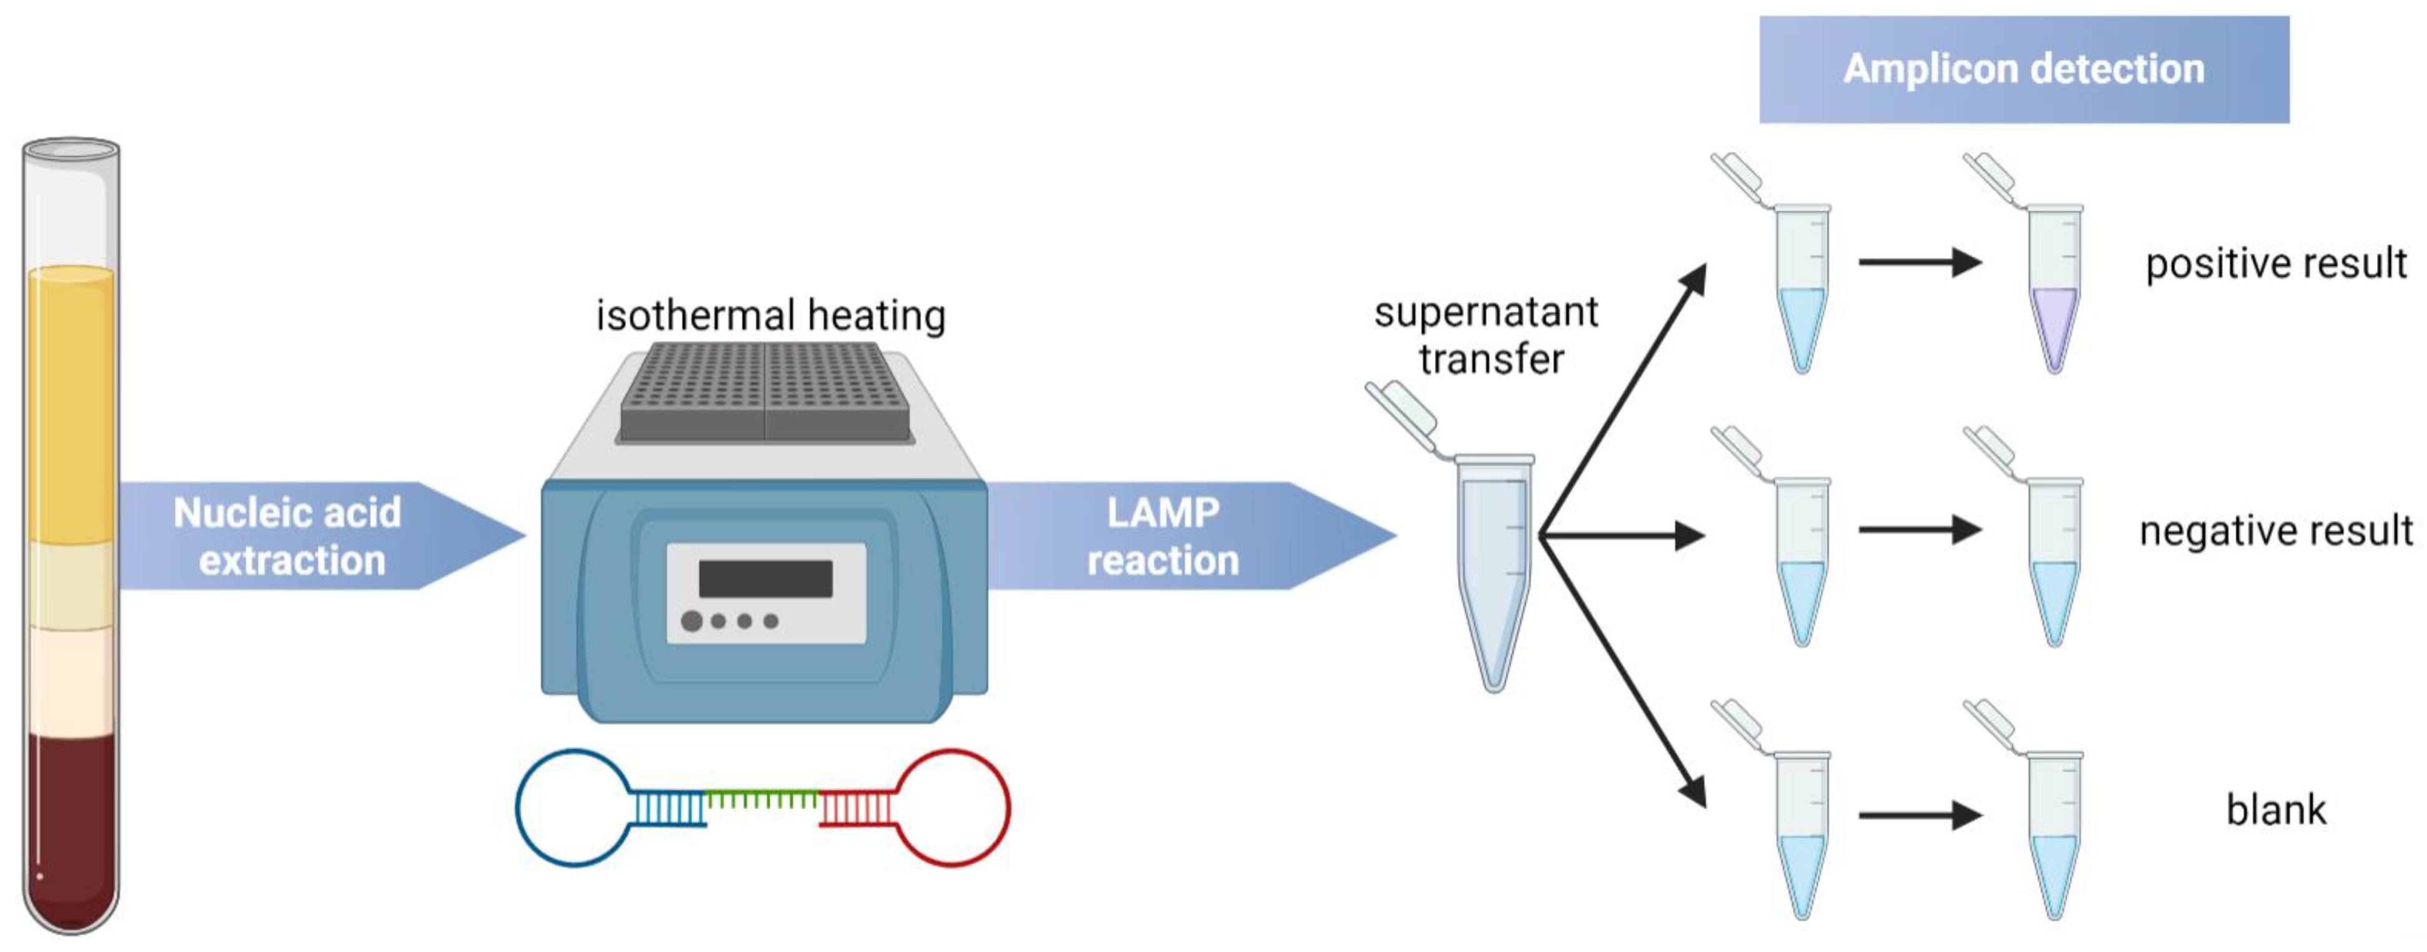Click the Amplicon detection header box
tap(2024, 69)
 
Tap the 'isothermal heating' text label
tap(771, 315)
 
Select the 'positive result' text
tap(2275, 263)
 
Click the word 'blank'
tap(2275, 810)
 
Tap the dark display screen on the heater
tap(765, 578)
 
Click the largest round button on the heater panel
tap(692, 622)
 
